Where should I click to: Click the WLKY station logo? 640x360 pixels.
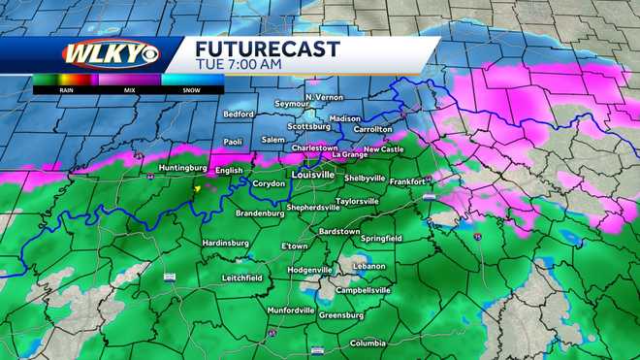(97, 53)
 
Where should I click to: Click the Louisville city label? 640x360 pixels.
(312, 175)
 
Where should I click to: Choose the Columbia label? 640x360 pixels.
(368, 342)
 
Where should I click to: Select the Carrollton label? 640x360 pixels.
(372, 128)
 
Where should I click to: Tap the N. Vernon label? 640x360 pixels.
(325, 97)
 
